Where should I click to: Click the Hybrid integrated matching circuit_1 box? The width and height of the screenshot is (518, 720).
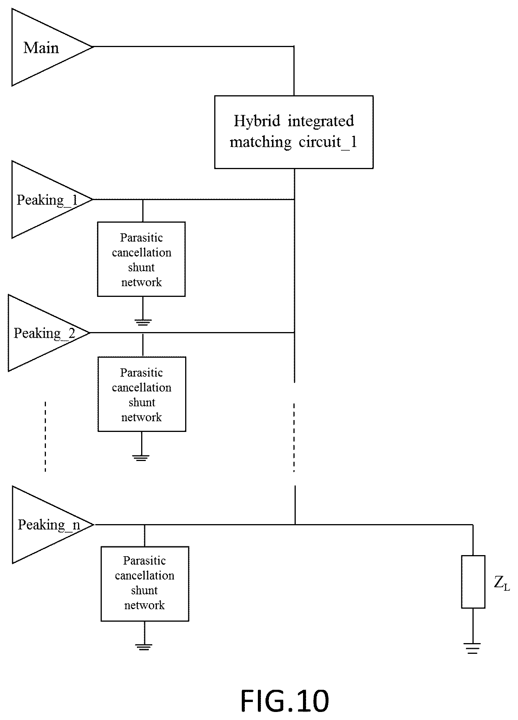point(294,132)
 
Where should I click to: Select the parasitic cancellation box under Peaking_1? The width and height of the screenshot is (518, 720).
point(142,259)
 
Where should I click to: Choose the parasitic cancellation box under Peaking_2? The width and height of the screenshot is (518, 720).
point(142,394)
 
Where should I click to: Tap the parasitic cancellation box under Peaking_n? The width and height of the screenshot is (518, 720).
point(145,583)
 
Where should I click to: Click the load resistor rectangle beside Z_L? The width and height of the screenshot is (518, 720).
point(473,582)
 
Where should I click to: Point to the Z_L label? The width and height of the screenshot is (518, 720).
point(502,583)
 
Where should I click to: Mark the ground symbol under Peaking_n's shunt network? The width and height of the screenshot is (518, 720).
point(144,647)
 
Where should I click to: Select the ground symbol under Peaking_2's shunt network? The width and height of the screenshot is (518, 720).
point(141,458)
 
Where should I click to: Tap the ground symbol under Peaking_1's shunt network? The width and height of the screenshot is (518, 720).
point(143,322)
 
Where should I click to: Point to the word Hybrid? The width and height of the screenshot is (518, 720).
point(257,121)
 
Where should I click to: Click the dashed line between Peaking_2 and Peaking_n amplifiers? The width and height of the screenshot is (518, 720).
point(45,437)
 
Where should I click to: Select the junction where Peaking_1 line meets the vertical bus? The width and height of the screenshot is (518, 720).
point(294,199)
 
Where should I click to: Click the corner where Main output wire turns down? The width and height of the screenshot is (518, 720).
point(294,47)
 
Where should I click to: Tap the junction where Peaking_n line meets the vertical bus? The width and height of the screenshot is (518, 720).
point(295,525)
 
